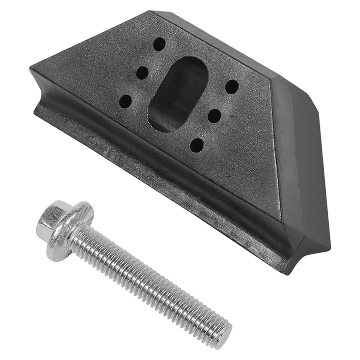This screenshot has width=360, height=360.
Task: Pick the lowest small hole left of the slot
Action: (126, 102)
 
